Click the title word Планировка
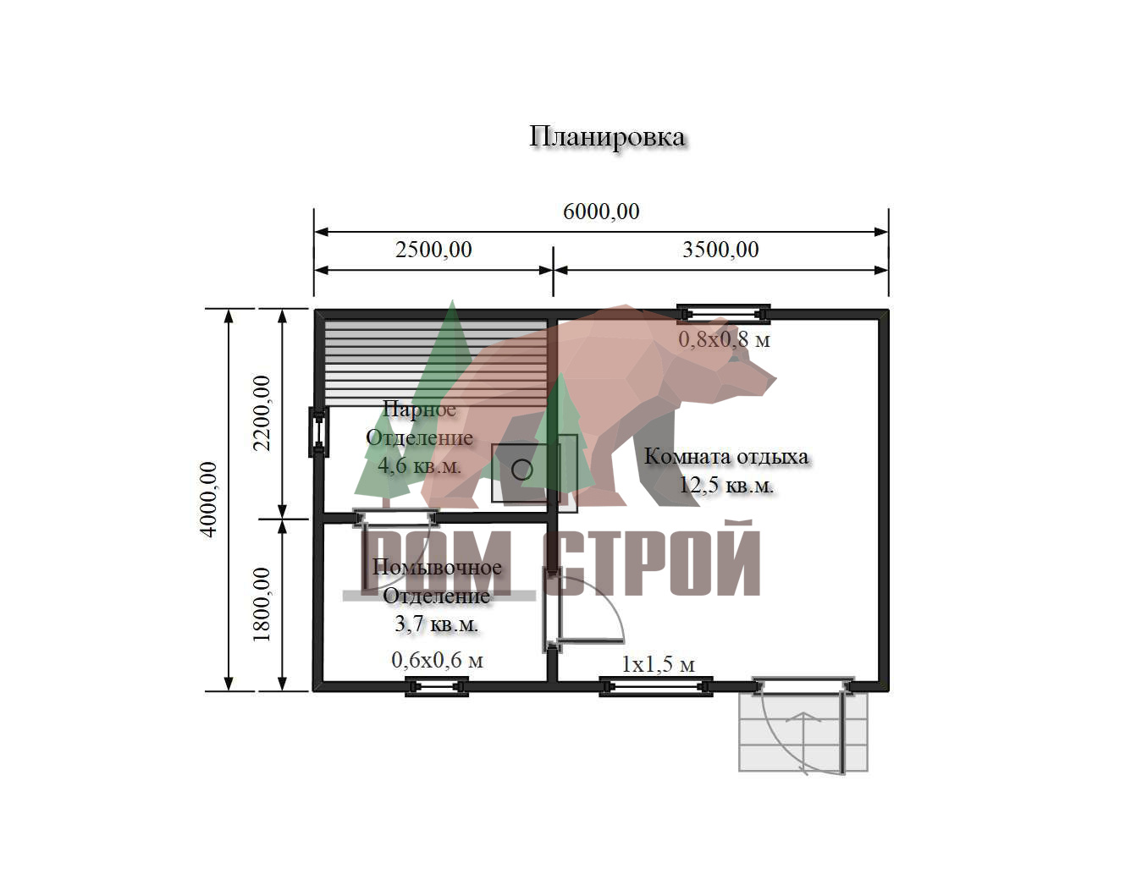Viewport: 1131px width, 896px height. pyautogui.click(x=607, y=138)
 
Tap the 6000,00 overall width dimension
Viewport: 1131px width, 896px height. pyautogui.click(x=601, y=212)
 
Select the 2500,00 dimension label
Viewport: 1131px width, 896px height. pyautogui.click(x=433, y=250)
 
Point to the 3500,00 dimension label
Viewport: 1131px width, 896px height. pyautogui.click(x=720, y=250)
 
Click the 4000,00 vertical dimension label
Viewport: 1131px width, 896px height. pyautogui.click(x=209, y=499)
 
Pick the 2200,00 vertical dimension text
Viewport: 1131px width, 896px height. pyautogui.click(x=262, y=413)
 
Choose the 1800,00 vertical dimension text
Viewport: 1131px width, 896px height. pyautogui.click(x=262, y=604)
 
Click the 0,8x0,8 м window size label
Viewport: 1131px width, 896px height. pyautogui.click(x=724, y=340)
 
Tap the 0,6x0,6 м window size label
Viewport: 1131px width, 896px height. pyautogui.click(x=438, y=660)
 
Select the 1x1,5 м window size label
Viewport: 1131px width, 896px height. pyautogui.click(x=659, y=665)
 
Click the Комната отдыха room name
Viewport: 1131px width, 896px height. pyautogui.click(x=726, y=456)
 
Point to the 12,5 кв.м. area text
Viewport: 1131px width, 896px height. pyautogui.click(x=726, y=486)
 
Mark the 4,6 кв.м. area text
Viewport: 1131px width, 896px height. pyautogui.click(x=419, y=466)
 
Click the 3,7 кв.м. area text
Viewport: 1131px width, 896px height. pyautogui.click(x=437, y=624)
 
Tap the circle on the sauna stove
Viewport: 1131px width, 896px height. pyautogui.click(x=521, y=470)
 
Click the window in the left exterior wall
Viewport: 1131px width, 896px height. pyautogui.click(x=318, y=432)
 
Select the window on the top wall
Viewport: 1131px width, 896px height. pyautogui.click(x=724, y=314)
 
